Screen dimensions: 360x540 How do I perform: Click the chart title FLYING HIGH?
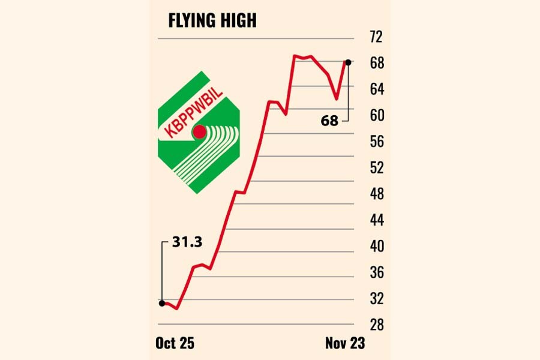point(212,21)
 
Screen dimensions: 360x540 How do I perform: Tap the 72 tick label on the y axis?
point(376,38)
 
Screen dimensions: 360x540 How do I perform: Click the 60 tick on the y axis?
point(376,115)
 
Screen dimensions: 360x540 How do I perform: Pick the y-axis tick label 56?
point(376,142)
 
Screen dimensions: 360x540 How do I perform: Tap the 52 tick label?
point(376,168)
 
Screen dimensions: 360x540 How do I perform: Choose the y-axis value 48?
point(376,194)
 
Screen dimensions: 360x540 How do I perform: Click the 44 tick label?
point(376,220)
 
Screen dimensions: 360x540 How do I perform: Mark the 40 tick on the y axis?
point(376,247)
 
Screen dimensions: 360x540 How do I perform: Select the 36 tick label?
point(376,273)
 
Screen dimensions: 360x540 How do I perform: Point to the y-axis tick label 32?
point(376,299)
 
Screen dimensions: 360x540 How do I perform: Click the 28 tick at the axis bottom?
point(376,325)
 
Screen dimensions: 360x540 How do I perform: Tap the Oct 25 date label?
point(175,343)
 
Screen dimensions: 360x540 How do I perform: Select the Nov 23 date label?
point(345,343)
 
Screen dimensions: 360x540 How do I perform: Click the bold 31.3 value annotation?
point(187,242)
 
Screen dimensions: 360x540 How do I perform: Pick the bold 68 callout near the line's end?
point(329,121)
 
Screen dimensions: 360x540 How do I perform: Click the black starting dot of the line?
point(161,303)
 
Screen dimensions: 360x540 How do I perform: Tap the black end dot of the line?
point(348,62)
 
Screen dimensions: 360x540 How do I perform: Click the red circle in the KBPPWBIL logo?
point(199,132)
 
